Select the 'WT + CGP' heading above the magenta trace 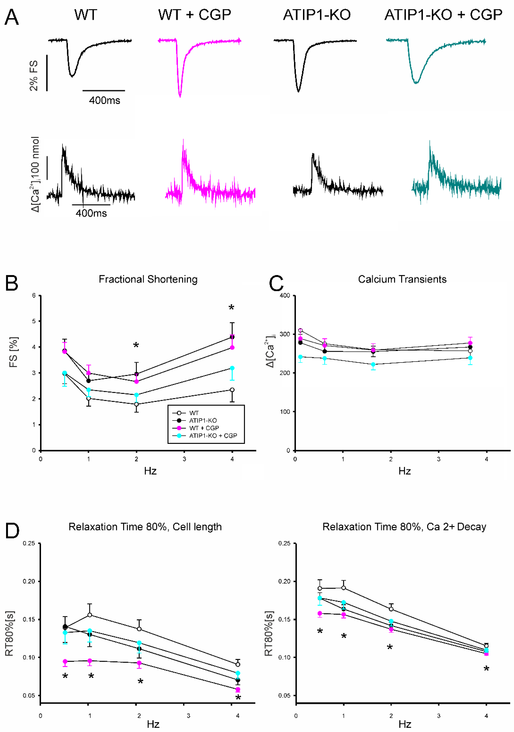pyautogui.click(x=195, y=15)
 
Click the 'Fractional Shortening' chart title pyautogui.click(x=148, y=279)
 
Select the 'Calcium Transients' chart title pyautogui.click(x=402, y=279)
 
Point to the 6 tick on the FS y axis pyautogui.click(x=34, y=296)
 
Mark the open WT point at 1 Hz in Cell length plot pyautogui.click(x=90, y=615)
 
